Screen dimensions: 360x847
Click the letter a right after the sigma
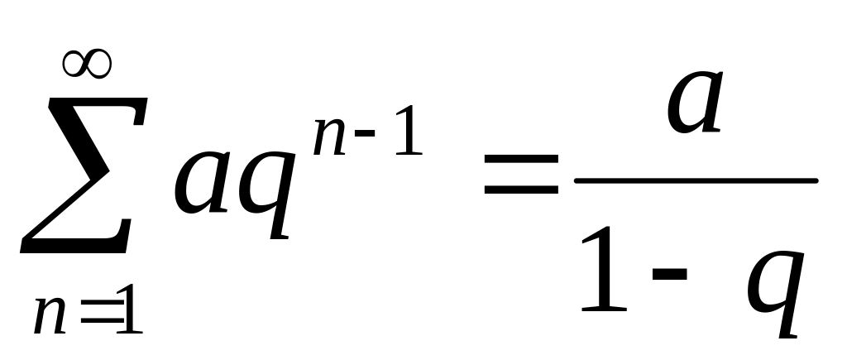(202, 186)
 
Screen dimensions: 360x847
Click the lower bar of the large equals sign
(521, 191)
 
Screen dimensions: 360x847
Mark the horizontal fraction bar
(695, 180)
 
